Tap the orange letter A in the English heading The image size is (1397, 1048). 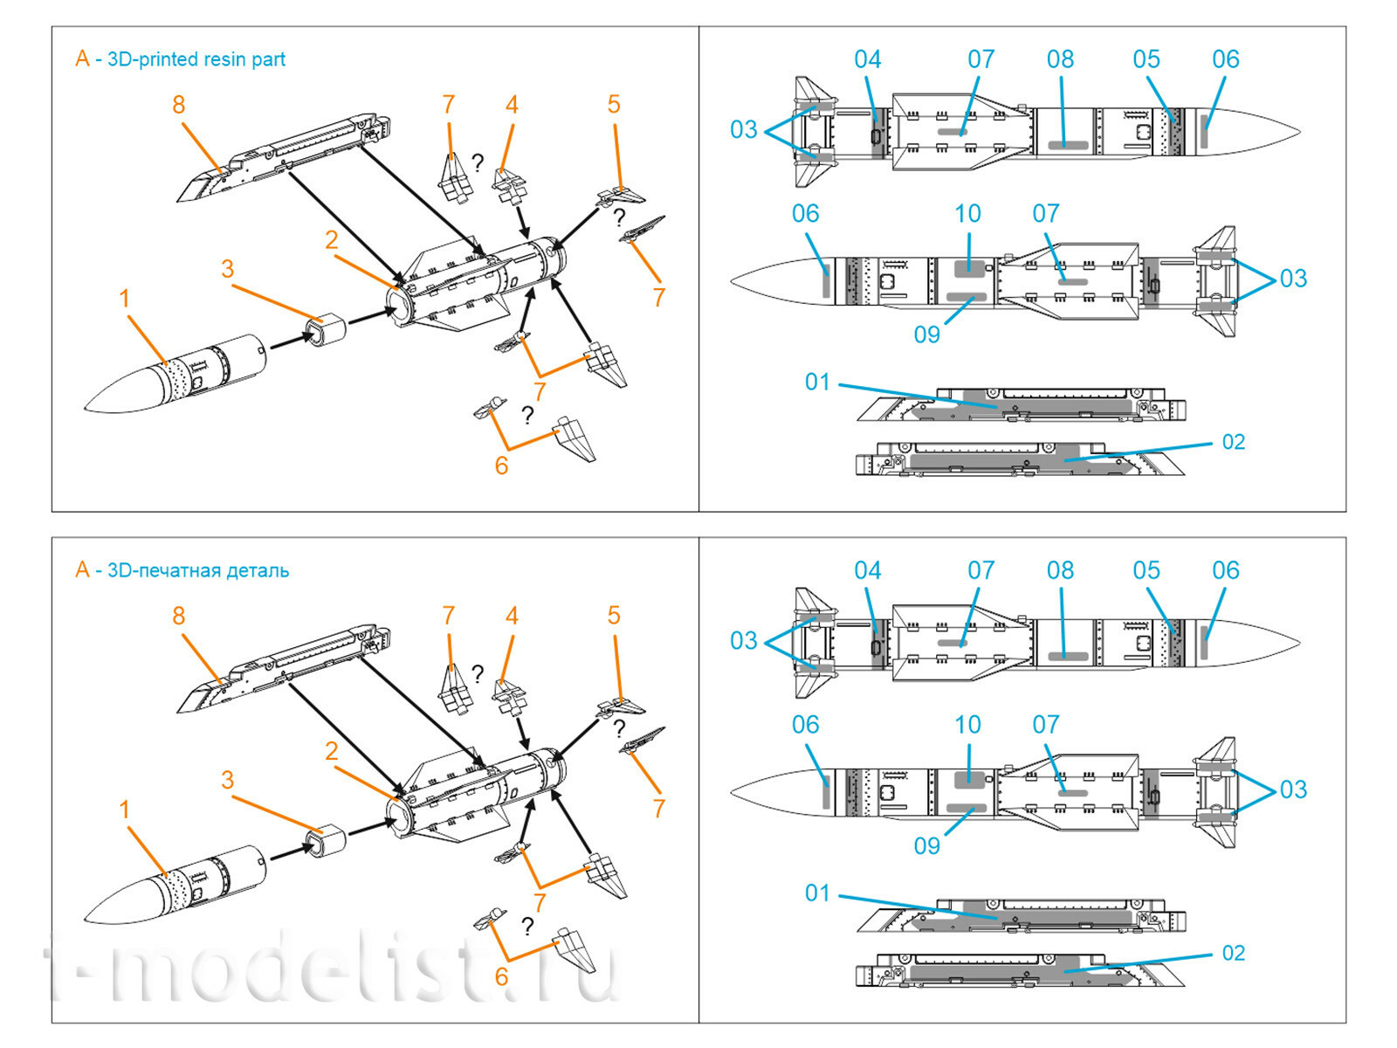[x=82, y=59]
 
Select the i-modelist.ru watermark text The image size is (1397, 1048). [x=332, y=969]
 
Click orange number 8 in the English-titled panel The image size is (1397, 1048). [x=178, y=105]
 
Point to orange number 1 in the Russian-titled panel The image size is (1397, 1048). [x=124, y=810]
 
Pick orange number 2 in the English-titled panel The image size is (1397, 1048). [x=331, y=239]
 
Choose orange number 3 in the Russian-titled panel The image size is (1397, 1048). [x=227, y=780]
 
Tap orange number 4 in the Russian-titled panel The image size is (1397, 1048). [x=512, y=616]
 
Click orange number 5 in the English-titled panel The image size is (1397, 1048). [x=614, y=105]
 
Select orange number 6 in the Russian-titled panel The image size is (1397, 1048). [x=501, y=976]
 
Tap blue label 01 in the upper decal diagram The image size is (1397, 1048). [x=817, y=383]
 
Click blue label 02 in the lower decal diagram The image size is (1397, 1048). [x=1233, y=953]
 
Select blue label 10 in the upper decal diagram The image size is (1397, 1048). [x=967, y=214]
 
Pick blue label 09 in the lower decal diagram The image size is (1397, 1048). [x=926, y=845]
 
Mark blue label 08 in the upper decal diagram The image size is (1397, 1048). [x=1060, y=59]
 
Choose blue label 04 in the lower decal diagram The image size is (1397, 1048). [x=867, y=571]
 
